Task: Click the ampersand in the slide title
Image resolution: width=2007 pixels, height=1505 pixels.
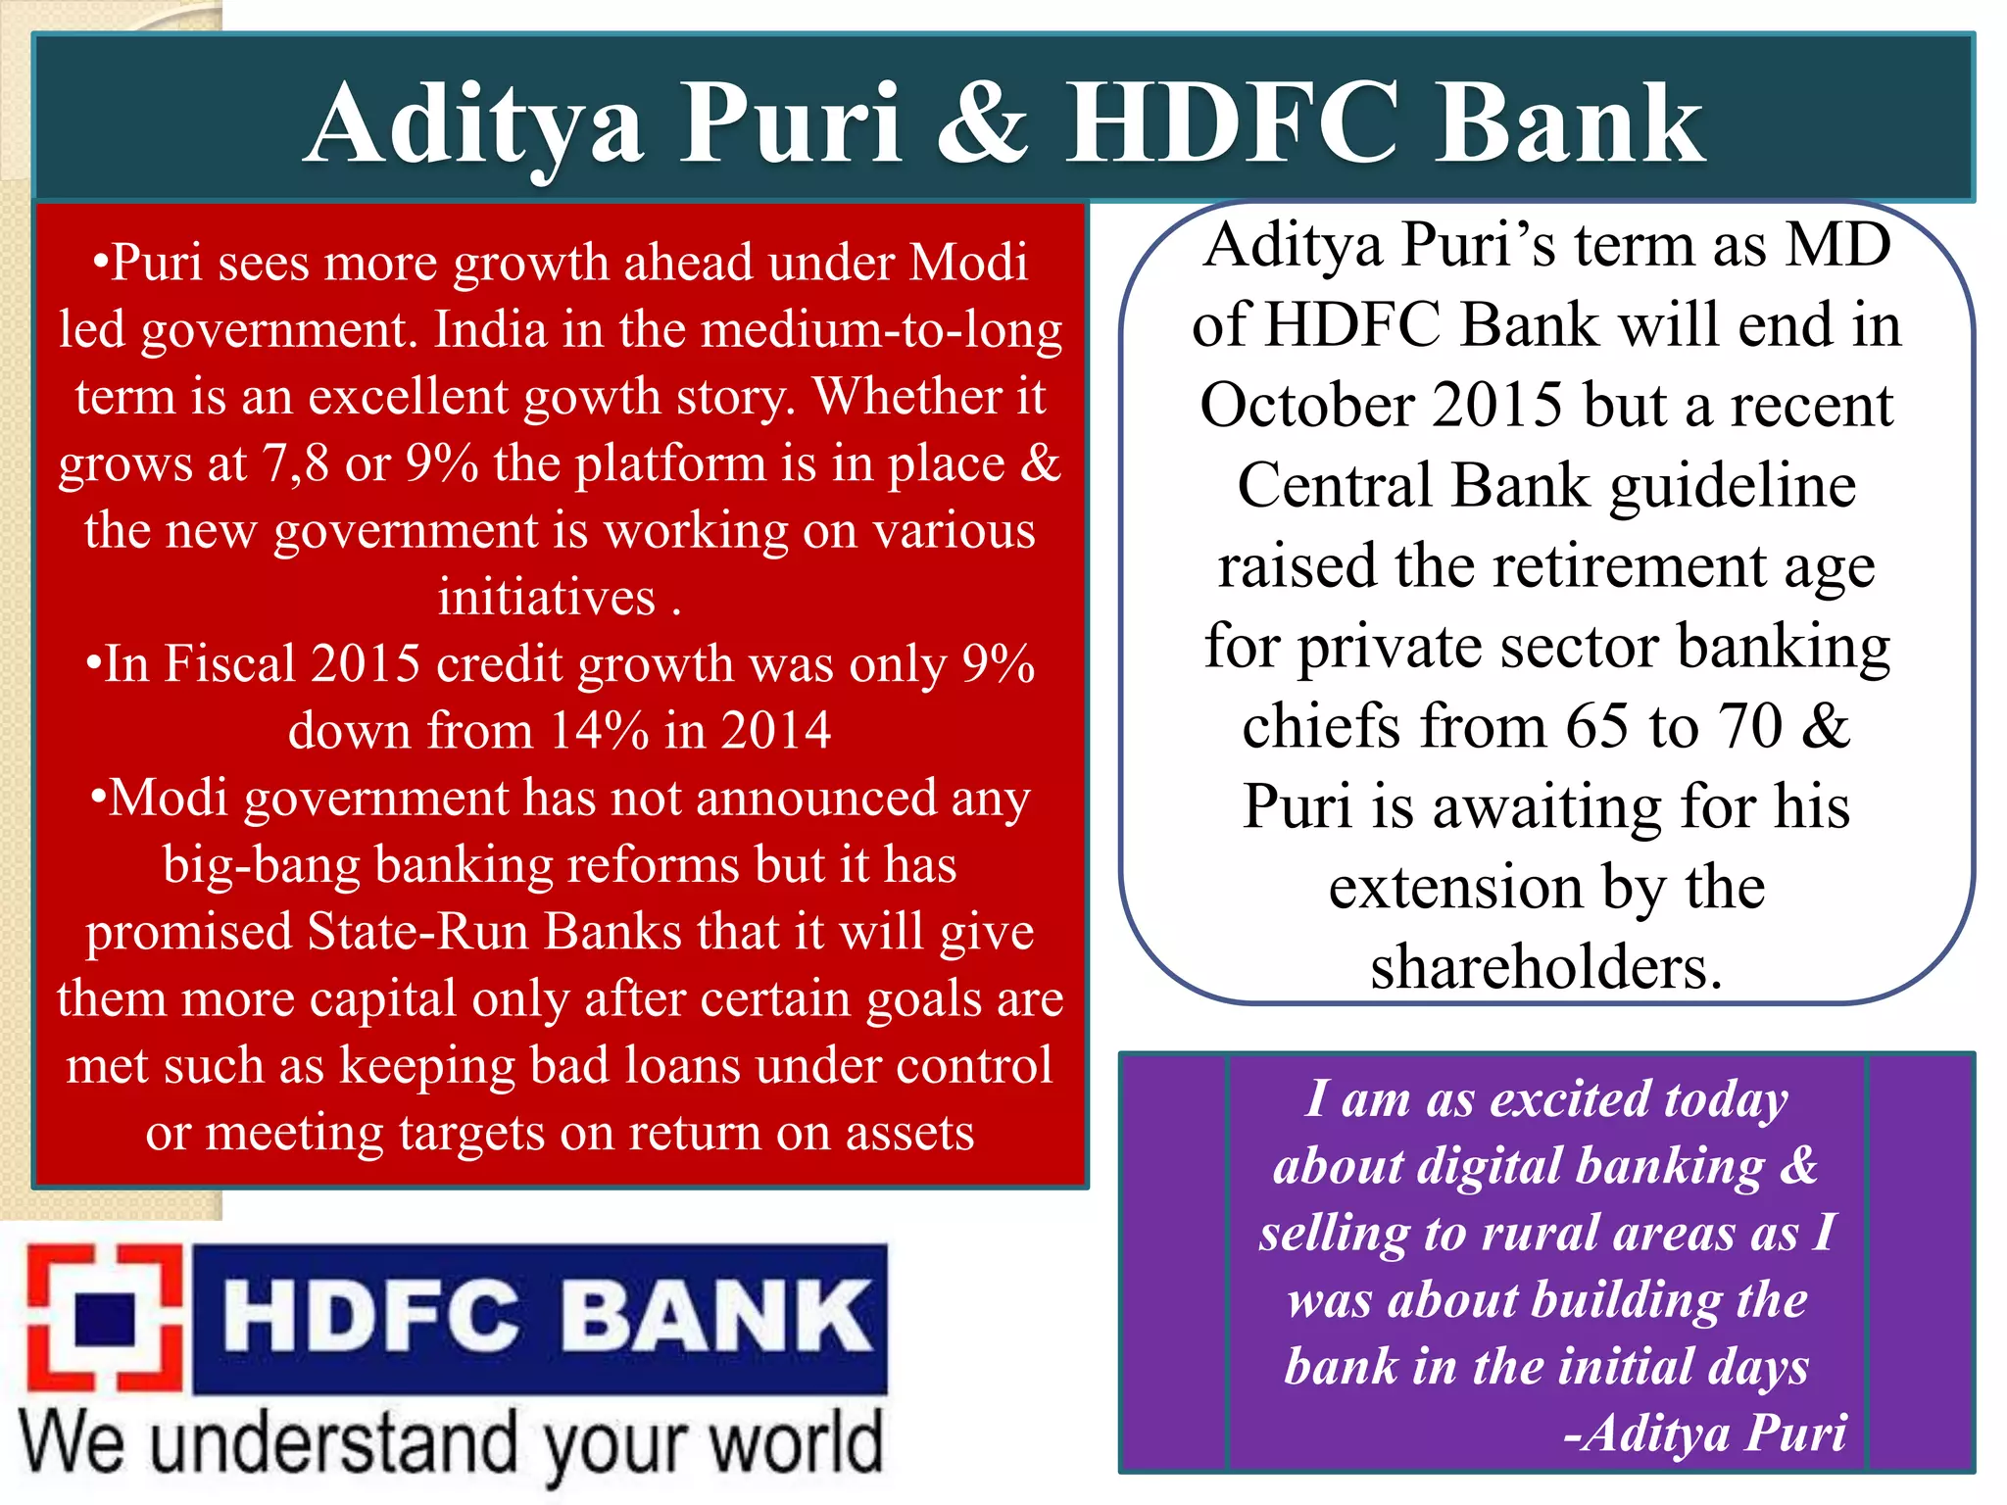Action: pos(983,123)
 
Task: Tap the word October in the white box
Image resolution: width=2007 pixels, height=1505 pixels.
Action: pos(1307,406)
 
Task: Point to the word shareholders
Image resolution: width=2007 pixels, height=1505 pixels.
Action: pos(1545,968)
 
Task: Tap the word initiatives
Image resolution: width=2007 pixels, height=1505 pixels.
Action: pos(546,598)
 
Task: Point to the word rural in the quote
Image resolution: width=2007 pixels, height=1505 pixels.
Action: pos(1539,1233)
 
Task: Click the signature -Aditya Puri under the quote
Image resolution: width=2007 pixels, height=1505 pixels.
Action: pos(1704,1433)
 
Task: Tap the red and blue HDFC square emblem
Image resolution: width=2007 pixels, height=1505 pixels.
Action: pos(105,1319)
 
